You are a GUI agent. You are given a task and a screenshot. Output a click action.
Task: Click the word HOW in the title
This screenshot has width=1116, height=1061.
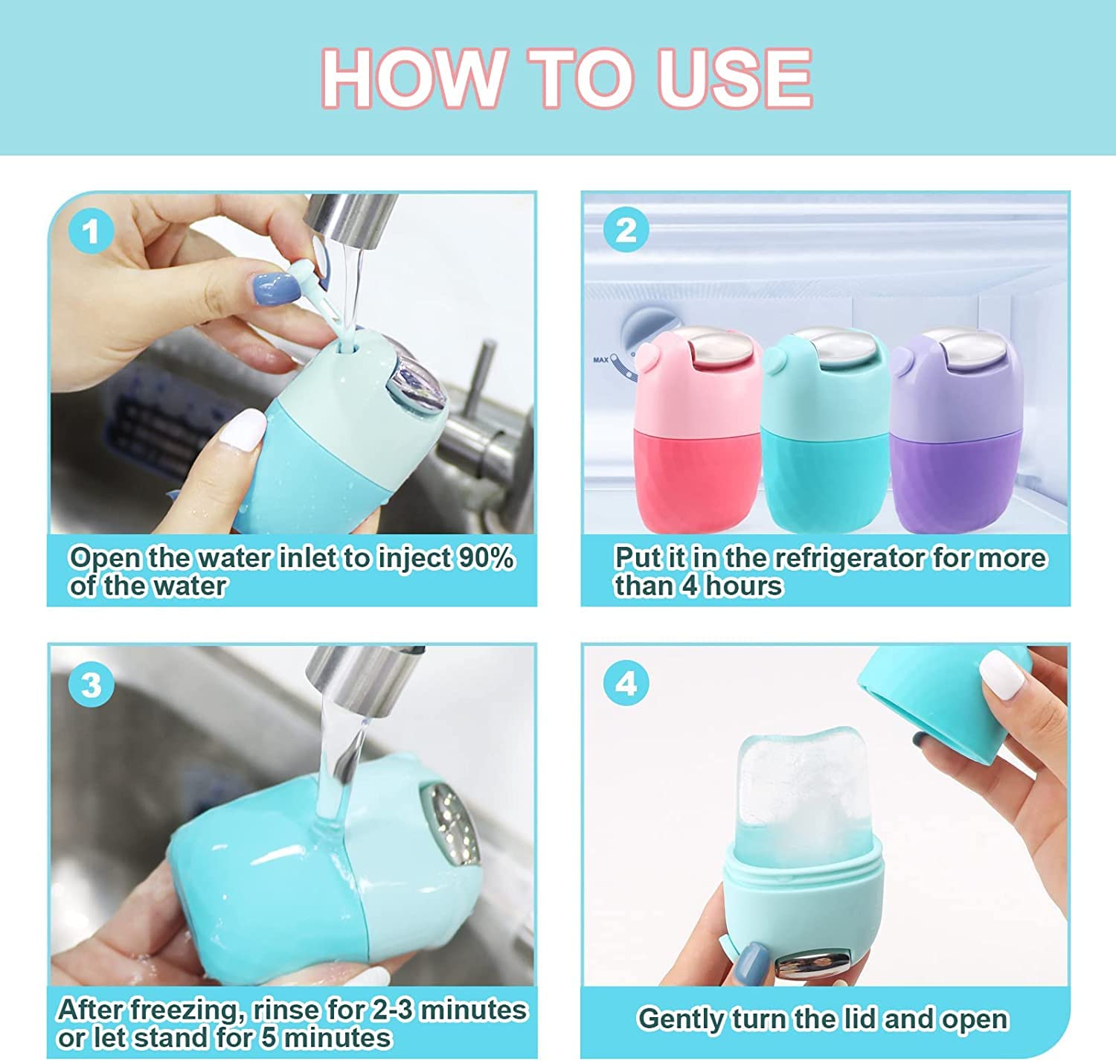pyautogui.click(x=413, y=78)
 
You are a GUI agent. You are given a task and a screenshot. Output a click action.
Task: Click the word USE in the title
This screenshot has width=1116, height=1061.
pyautogui.click(x=734, y=78)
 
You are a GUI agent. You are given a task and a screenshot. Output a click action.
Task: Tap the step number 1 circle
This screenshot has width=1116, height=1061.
pyautogui.click(x=91, y=231)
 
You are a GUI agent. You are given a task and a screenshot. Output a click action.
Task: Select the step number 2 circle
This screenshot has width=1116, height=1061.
pyautogui.click(x=626, y=229)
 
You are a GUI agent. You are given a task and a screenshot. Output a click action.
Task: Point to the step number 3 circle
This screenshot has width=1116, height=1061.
pyautogui.click(x=91, y=684)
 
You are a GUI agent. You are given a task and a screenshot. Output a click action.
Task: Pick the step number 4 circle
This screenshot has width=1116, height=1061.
pyautogui.click(x=626, y=683)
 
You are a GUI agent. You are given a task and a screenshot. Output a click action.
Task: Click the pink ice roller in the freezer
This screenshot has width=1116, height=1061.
pyautogui.click(x=698, y=432)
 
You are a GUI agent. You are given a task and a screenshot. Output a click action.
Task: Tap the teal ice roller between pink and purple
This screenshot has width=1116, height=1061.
pyautogui.click(x=826, y=432)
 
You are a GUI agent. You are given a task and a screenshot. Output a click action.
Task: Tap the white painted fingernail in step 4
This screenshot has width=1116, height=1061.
pyautogui.click(x=1002, y=674)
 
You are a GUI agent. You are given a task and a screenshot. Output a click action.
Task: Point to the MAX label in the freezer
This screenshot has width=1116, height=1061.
pyautogui.click(x=600, y=359)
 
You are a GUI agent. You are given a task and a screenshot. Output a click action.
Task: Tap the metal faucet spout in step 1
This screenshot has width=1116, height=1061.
pyautogui.click(x=350, y=219)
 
